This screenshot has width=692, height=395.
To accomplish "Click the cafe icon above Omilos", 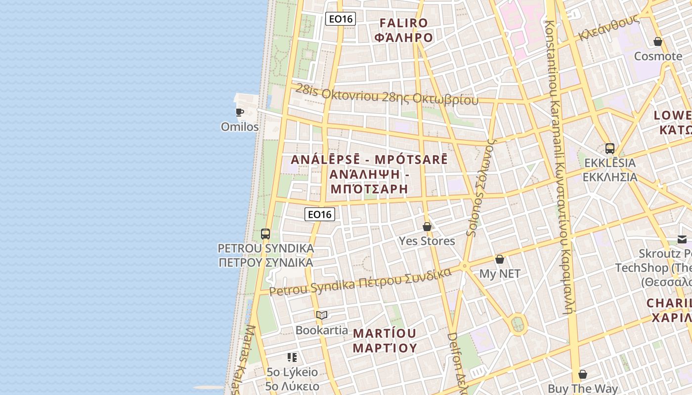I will tap(240, 112).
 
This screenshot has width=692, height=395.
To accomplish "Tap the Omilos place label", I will tap(240, 127).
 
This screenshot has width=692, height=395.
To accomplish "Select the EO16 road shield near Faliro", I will tap(341, 19).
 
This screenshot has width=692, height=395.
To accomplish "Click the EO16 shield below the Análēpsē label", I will tap(320, 214).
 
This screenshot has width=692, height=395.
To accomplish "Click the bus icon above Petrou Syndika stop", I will tap(265, 234).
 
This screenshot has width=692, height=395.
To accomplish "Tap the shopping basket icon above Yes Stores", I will tap(427, 227).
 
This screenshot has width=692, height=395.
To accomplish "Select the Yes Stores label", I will tap(427, 241).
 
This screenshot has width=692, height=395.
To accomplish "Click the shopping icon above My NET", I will tap(500, 259).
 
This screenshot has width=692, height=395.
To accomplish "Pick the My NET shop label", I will tap(500, 274).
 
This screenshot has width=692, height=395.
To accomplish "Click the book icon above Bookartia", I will tap(322, 315).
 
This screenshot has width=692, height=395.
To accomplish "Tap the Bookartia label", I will tap(322, 330).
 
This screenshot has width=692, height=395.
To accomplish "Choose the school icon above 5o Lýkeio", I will tap(292, 357).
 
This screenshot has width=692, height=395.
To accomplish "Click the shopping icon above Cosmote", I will tap(658, 41).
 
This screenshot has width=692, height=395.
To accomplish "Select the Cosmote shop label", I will tap(658, 56).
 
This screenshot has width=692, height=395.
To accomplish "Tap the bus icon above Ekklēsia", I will tap(610, 148).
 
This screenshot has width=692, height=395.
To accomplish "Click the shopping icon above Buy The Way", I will tap(583, 374).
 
